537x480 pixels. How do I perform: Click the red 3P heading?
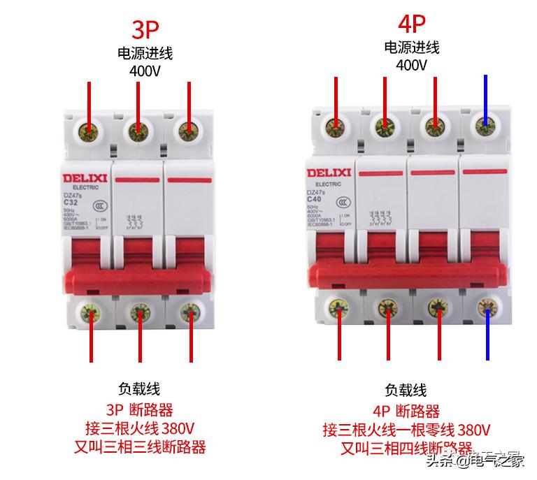145,29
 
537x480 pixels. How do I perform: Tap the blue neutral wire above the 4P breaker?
485,98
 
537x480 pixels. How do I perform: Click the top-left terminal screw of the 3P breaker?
89,130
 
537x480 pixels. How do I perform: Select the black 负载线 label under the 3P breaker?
139,389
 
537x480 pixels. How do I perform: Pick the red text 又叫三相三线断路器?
140,446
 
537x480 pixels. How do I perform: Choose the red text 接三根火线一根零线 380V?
406,429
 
